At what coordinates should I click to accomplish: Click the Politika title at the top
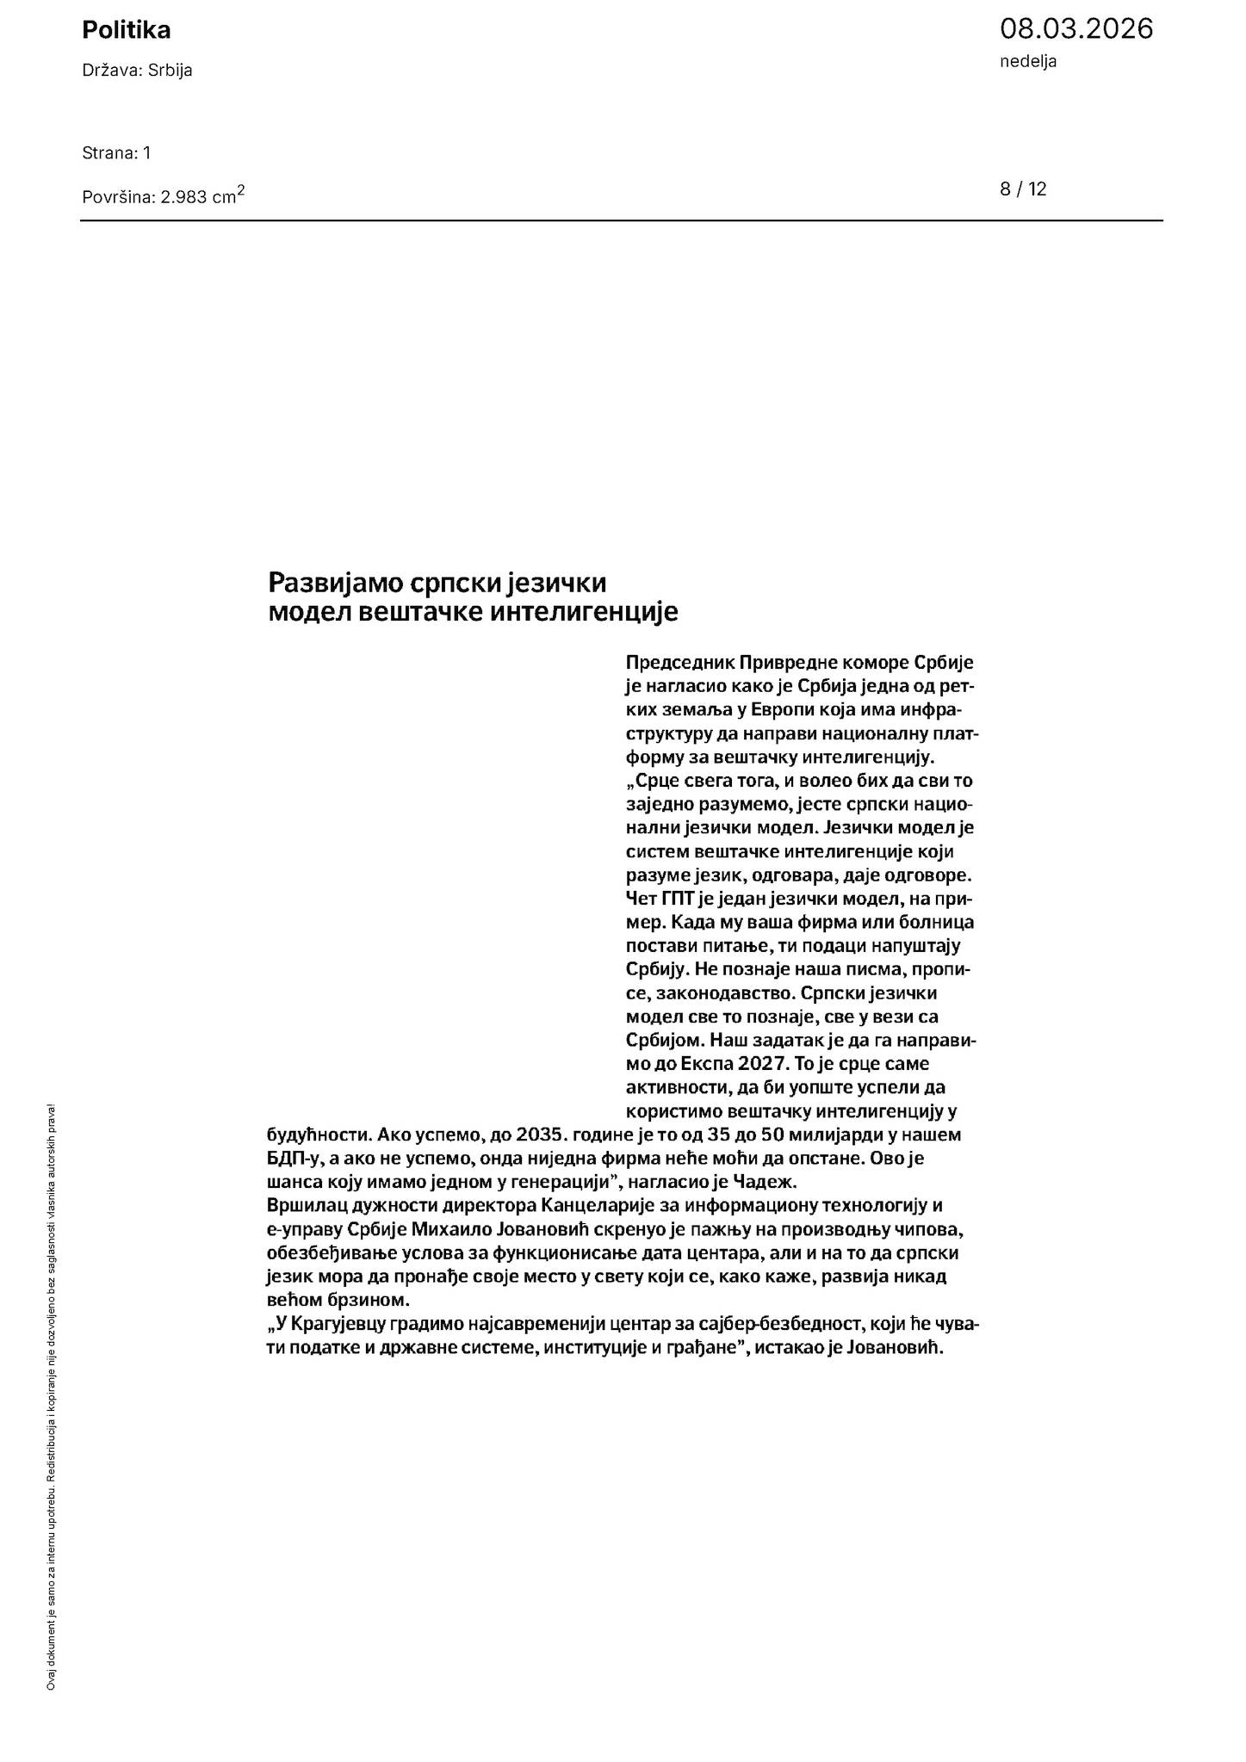pyautogui.click(x=127, y=30)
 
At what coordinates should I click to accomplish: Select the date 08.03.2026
pyautogui.click(x=1076, y=28)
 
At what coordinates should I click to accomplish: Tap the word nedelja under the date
pyautogui.click(x=1028, y=61)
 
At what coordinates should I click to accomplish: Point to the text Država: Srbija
pyautogui.click(x=137, y=71)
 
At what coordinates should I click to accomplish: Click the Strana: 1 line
pyautogui.click(x=116, y=153)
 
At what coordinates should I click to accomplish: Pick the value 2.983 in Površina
pyautogui.click(x=184, y=197)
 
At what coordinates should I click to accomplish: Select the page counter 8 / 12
pyautogui.click(x=1023, y=189)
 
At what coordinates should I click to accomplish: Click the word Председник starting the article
pyautogui.click(x=680, y=663)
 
